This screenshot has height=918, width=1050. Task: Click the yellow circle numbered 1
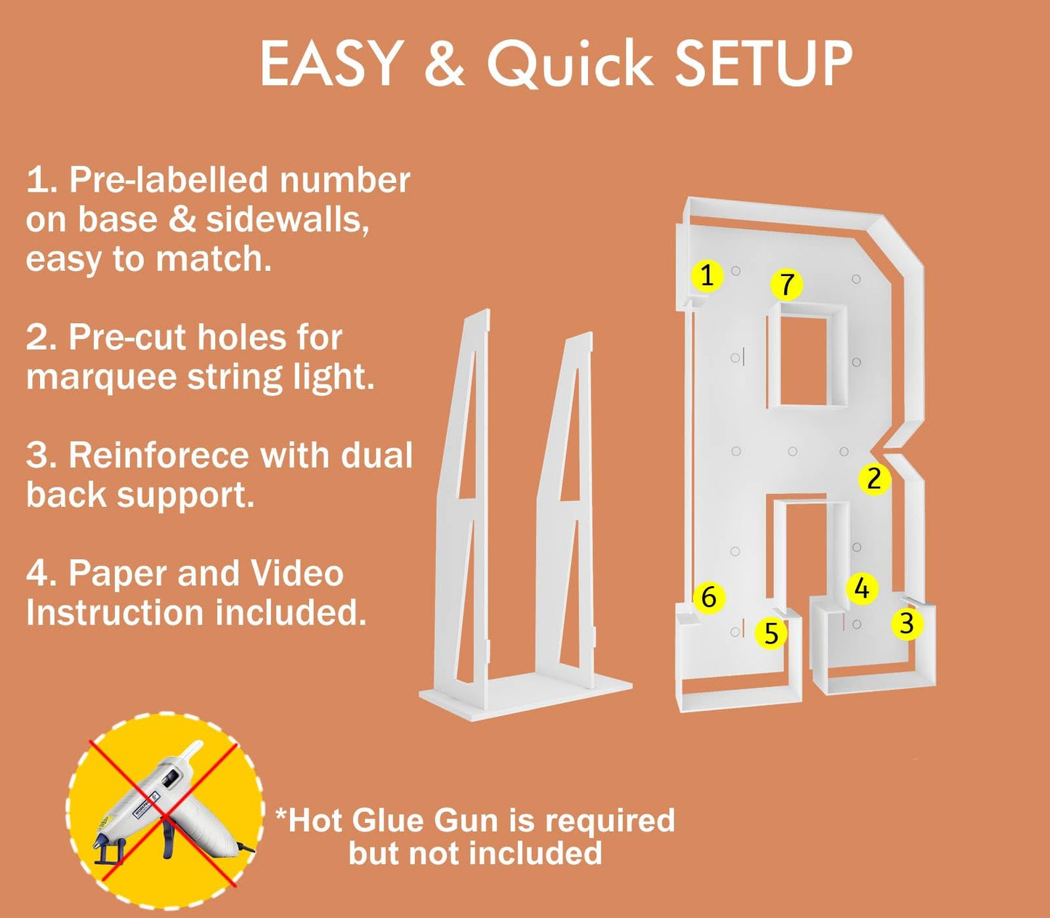(707, 275)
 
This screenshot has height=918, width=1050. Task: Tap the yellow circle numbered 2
(874, 479)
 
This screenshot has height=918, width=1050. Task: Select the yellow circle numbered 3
(907, 624)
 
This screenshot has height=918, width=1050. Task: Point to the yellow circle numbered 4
(862, 588)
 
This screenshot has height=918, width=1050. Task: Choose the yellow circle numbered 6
(708, 597)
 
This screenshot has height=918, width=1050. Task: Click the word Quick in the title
(570, 65)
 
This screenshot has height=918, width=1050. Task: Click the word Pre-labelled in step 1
(169, 181)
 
